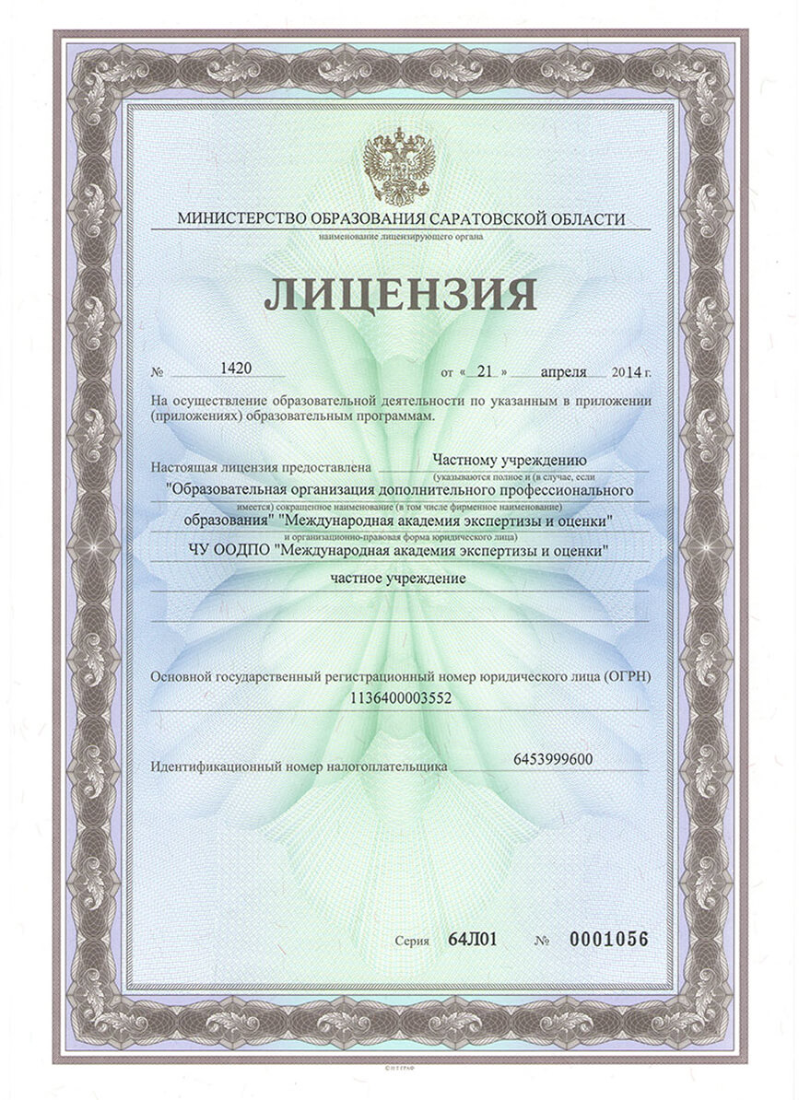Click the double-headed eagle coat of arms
pyautogui.click(x=399, y=166)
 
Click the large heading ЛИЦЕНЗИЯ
pyautogui.click(x=400, y=294)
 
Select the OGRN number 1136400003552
pyautogui.click(x=401, y=699)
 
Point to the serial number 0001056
pyautogui.click(x=609, y=940)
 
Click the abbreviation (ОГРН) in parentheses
pyautogui.click(x=628, y=677)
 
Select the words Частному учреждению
pyautogui.click(x=510, y=459)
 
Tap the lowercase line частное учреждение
pyautogui.click(x=398, y=579)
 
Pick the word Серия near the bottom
pyautogui.click(x=413, y=942)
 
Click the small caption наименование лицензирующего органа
pyautogui.click(x=400, y=237)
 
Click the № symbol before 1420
pyautogui.click(x=157, y=372)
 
